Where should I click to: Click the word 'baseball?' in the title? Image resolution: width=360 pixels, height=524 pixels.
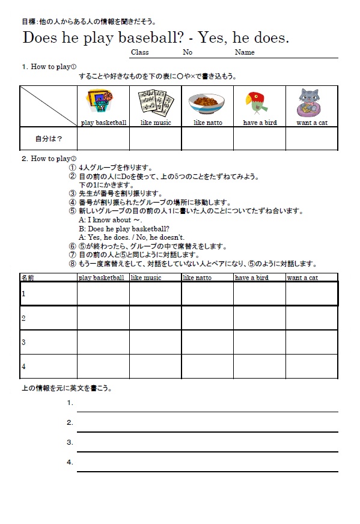151,38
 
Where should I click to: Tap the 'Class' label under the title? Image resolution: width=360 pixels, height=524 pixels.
139,52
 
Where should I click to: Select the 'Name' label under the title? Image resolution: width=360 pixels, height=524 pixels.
245,52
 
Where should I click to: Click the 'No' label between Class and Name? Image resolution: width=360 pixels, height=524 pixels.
188,52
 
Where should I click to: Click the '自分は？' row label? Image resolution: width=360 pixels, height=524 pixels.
49,139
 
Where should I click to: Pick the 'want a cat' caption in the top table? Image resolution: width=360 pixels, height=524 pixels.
311,123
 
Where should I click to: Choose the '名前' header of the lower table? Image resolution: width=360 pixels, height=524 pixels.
28,278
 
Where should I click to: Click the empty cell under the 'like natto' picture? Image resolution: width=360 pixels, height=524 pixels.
207,139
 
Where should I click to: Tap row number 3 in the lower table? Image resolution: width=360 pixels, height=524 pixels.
23,342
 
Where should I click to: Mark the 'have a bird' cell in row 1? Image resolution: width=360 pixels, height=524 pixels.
259,294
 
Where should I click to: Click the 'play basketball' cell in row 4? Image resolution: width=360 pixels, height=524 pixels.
103,367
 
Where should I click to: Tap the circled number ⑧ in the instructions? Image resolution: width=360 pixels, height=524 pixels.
73,264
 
